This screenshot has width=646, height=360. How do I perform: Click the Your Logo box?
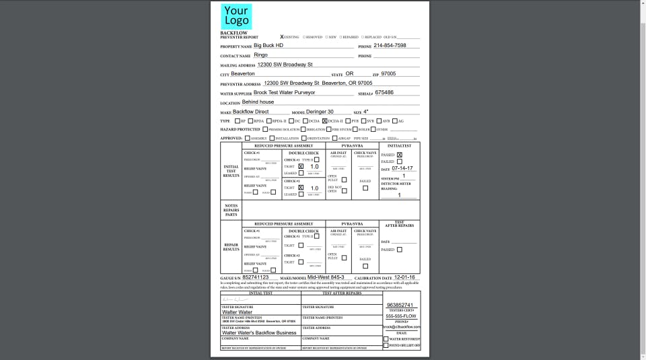(236, 16)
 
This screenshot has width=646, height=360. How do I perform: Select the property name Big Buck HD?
(268, 45)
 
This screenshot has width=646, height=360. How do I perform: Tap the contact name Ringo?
(260, 55)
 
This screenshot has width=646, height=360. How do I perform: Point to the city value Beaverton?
(243, 73)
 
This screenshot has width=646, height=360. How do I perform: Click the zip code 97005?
(388, 73)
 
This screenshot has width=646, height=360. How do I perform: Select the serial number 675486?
(384, 92)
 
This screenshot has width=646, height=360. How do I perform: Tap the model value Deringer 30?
(321, 111)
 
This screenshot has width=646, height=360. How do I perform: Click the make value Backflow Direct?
(250, 111)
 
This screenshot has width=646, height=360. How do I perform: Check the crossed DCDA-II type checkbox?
(324, 120)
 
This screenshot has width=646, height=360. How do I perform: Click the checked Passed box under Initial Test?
(399, 155)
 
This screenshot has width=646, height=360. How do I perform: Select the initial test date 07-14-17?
(402, 168)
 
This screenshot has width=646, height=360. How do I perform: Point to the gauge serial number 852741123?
(255, 277)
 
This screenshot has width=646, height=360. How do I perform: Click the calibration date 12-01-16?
(404, 277)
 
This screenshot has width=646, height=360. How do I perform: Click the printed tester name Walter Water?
(237, 312)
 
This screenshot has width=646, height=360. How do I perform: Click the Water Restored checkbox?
(386, 338)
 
